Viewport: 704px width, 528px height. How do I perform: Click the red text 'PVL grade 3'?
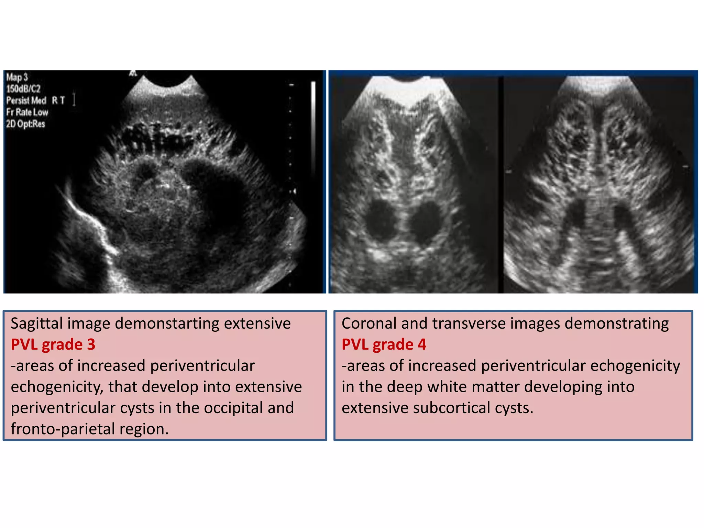coord(53,344)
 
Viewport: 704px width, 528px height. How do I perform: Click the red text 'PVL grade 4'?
coord(384,344)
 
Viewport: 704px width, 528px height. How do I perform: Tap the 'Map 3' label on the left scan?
coord(17,77)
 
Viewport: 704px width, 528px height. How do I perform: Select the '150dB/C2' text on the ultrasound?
coord(23,89)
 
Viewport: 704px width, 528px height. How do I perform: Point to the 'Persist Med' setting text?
coord(26,100)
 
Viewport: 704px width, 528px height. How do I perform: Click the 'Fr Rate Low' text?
coord(27,112)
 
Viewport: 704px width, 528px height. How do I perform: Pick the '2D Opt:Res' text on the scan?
coord(25,124)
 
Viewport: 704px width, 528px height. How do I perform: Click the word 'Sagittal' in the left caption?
coord(36,324)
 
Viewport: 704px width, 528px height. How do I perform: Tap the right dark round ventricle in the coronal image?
coord(427,220)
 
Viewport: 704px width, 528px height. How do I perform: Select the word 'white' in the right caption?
coord(450,387)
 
